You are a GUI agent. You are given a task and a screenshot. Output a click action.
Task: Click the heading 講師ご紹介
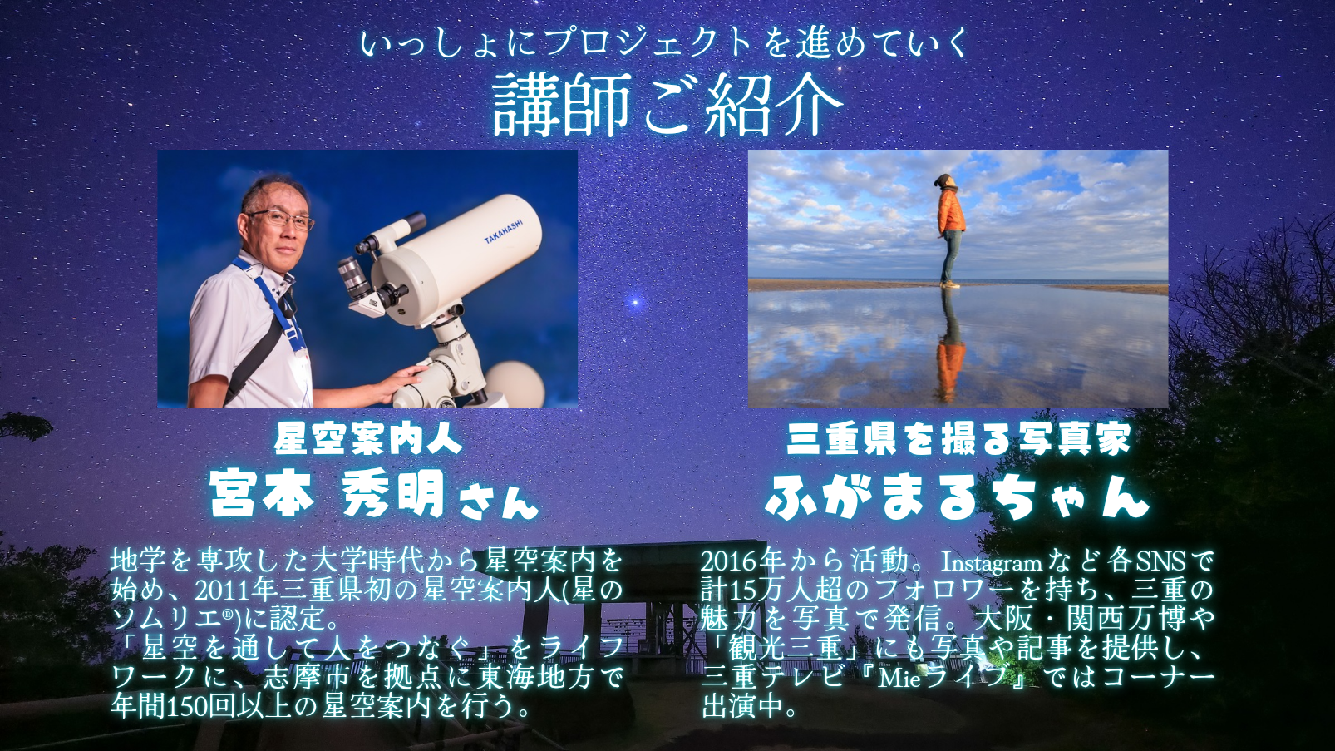pyautogui.click(x=667, y=106)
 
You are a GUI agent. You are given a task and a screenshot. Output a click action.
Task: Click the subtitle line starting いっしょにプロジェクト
pyautogui.click(x=665, y=42)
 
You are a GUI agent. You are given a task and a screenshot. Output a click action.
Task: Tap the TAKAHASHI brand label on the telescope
pyautogui.click(x=504, y=232)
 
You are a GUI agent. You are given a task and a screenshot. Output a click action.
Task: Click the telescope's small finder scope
pyautogui.click(x=391, y=233)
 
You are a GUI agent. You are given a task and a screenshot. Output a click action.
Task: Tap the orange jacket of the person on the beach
pyautogui.click(x=951, y=211)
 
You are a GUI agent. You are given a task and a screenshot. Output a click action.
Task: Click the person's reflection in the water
pyautogui.click(x=951, y=349)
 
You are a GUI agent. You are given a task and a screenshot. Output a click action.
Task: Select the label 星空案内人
pyautogui.click(x=367, y=438)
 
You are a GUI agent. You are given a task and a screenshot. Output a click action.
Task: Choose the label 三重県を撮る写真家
pyautogui.click(x=958, y=438)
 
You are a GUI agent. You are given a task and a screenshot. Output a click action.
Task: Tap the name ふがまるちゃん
pyautogui.click(x=958, y=497)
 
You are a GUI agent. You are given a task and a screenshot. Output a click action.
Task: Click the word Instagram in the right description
pyautogui.click(x=991, y=562)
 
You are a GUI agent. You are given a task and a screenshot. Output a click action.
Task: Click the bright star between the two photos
pyautogui.click(x=636, y=301)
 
